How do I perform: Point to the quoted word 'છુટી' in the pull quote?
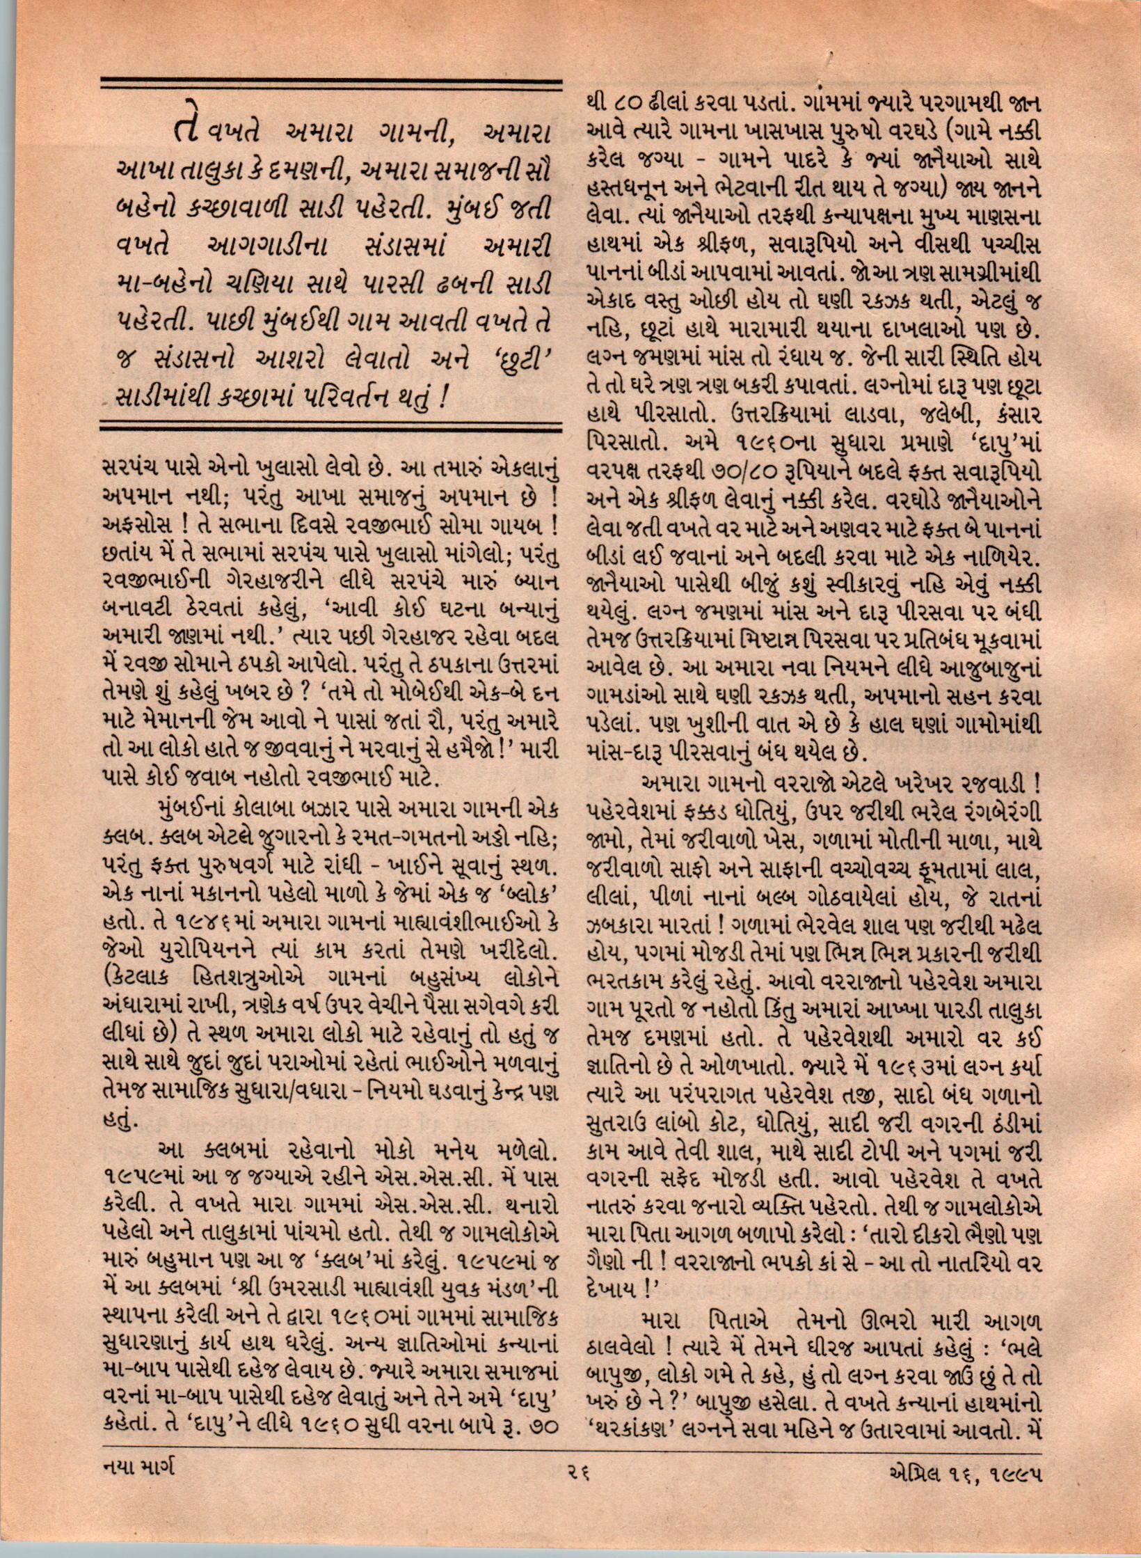point(522,360)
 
